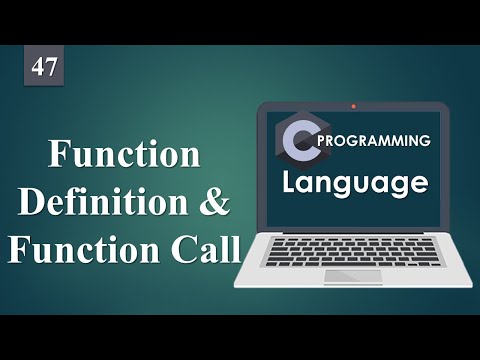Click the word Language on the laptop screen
tap(354, 183)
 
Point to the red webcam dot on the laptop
tap(353, 104)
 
